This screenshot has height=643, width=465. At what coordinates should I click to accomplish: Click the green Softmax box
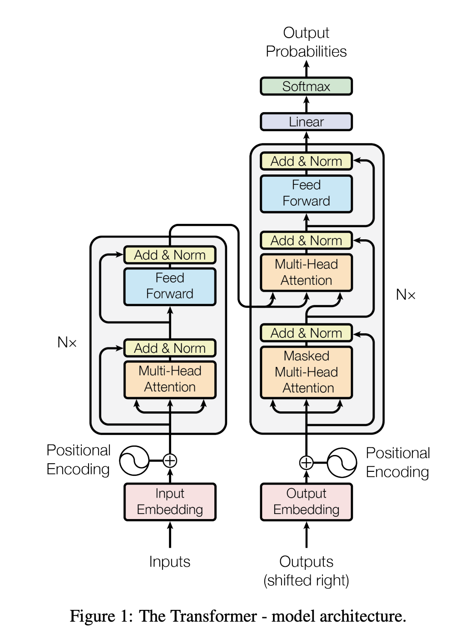[306, 86]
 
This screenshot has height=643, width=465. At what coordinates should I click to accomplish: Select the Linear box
[306, 122]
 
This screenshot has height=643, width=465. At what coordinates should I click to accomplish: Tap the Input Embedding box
[170, 502]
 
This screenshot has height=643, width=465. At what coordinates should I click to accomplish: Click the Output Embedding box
[306, 502]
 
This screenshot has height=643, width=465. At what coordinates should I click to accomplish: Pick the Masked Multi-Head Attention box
[306, 372]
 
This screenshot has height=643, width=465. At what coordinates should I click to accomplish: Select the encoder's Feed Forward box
[170, 286]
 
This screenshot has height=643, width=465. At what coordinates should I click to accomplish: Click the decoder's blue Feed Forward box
[306, 193]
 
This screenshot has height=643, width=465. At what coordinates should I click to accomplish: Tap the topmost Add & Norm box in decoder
[306, 161]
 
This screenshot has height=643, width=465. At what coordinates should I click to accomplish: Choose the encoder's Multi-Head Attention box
[170, 379]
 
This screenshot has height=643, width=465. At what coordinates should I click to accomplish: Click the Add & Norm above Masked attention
[306, 333]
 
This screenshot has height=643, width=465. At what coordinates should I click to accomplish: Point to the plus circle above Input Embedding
[170, 460]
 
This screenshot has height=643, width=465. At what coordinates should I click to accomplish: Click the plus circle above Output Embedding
[307, 463]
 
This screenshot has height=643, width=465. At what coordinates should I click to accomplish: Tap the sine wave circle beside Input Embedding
[134, 460]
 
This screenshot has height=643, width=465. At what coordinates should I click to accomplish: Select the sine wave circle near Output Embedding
[342, 463]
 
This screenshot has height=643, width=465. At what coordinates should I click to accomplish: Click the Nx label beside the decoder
[406, 295]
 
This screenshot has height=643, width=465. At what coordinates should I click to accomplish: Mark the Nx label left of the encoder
[67, 342]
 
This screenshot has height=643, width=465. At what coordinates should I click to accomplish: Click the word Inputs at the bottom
[170, 562]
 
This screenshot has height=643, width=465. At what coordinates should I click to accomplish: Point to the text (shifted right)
[306, 580]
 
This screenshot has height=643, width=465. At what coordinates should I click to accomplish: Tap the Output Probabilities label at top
[306, 42]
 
